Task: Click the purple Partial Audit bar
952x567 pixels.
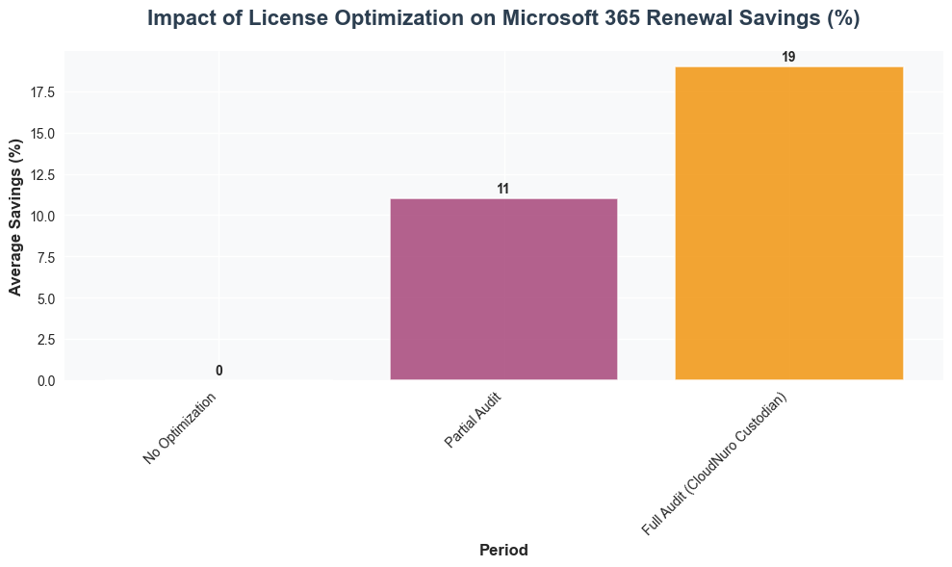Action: [x=502, y=289]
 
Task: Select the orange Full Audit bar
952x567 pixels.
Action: [x=788, y=223]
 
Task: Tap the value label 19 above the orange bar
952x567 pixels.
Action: [x=788, y=58]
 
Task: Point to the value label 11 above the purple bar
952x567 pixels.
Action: [x=502, y=190]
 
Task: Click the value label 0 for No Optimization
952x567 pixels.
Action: [x=219, y=371]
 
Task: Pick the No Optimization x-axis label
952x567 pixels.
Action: [x=180, y=429]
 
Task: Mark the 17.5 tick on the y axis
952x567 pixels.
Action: [x=42, y=92]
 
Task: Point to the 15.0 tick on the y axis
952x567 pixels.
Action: [x=42, y=134]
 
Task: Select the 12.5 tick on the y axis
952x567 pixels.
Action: [x=42, y=175]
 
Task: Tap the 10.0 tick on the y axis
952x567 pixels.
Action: [x=42, y=216]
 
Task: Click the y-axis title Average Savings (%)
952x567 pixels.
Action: [x=15, y=216]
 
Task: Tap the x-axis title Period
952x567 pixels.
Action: [x=502, y=551]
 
